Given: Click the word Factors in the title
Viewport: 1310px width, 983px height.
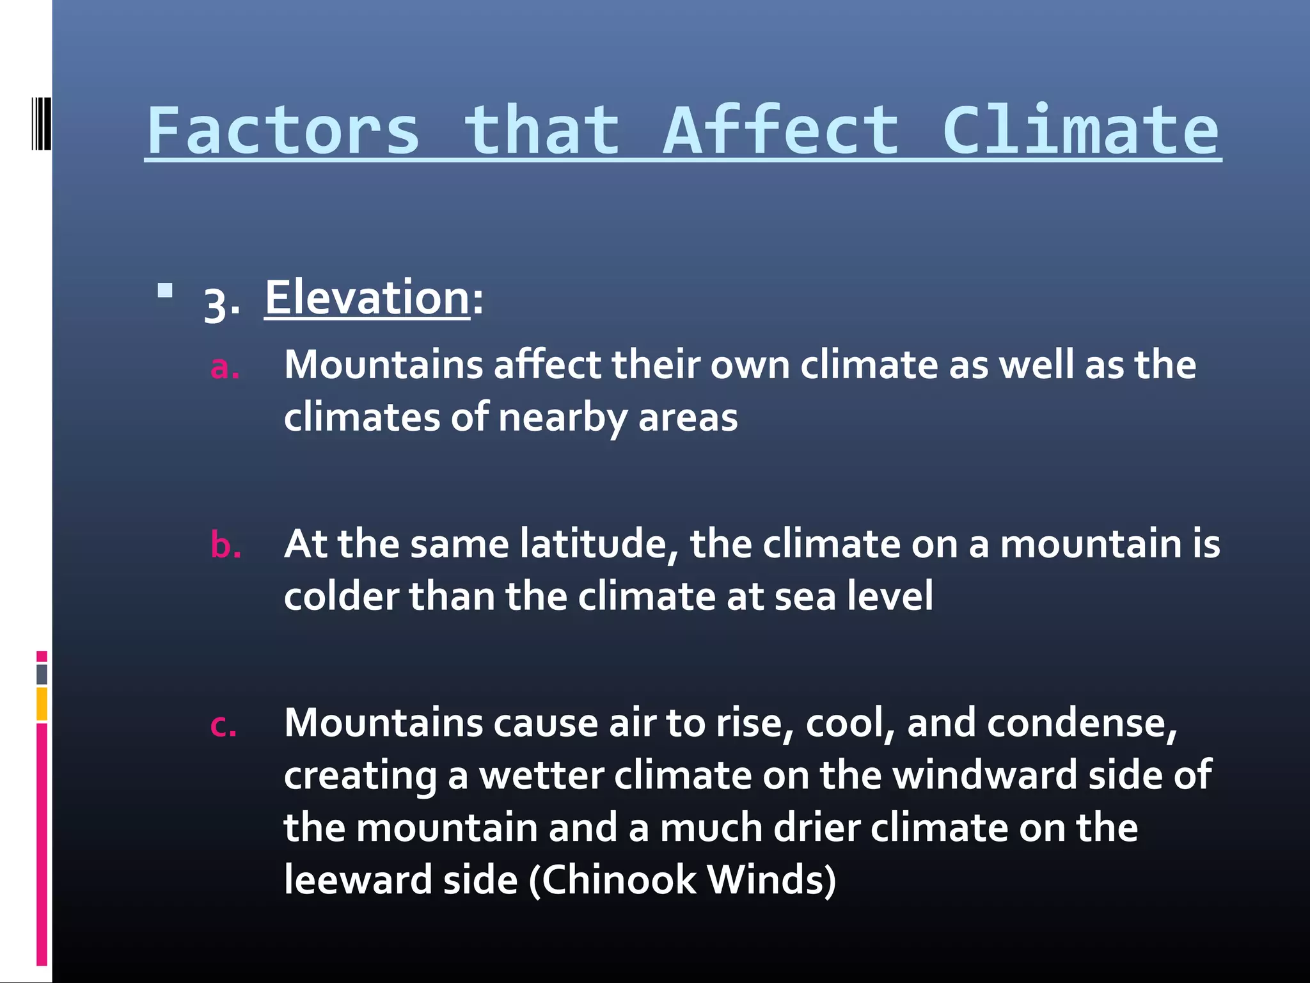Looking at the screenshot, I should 283,131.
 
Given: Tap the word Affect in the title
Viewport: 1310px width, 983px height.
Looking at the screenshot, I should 781,131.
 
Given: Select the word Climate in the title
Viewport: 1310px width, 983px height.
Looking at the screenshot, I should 1081,131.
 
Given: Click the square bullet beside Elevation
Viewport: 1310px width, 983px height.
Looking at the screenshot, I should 165,291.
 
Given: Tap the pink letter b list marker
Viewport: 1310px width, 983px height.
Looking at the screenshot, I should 226,545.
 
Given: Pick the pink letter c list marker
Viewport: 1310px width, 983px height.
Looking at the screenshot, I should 223,726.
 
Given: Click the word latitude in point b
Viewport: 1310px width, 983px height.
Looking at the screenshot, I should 599,544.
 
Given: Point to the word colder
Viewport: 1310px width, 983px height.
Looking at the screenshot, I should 341,596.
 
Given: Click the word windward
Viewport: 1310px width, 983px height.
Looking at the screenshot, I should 985,775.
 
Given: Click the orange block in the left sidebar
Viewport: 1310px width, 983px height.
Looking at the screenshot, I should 42,703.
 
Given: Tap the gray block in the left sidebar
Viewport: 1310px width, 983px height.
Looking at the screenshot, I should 42,674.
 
